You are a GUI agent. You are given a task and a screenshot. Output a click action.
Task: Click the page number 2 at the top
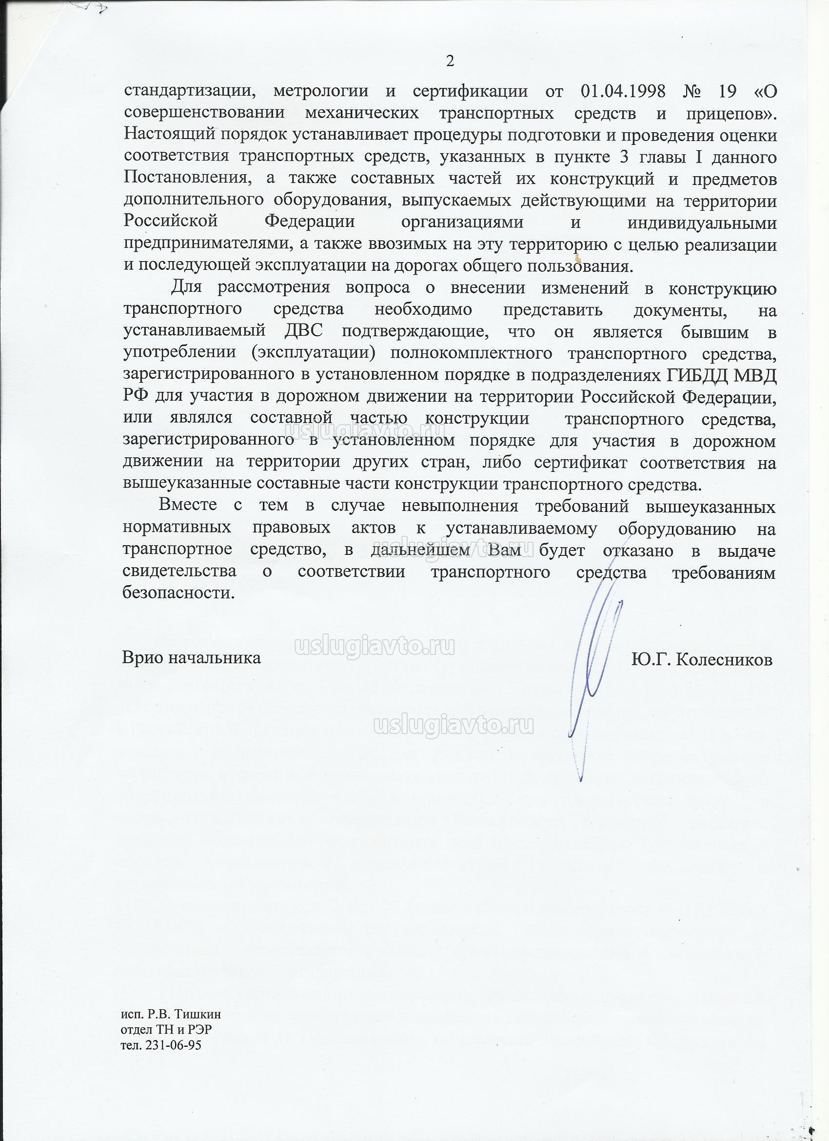click(450, 61)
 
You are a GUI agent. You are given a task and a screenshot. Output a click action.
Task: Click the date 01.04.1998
click(623, 92)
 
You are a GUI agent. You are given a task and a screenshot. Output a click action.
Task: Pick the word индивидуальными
click(702, 223)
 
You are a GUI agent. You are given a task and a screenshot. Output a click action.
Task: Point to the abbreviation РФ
click(135, 397)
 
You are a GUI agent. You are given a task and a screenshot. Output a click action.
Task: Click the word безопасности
click(178, 593)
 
